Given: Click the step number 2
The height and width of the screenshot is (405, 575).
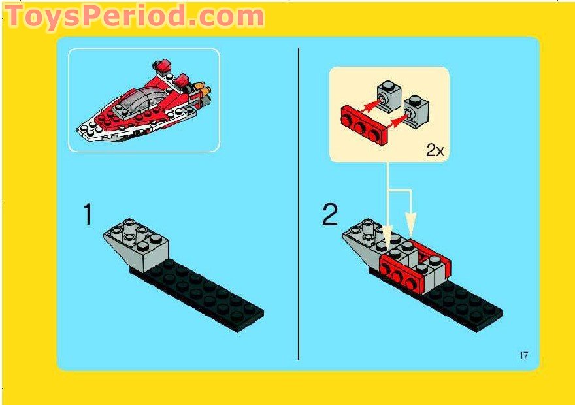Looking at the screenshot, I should pyautogui.click(x=331, y=215).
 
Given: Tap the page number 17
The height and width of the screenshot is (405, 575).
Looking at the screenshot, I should pyautogui.click(x=523, y=356).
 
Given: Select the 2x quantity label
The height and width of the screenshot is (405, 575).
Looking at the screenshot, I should pyautogui.click(x=435, y=150).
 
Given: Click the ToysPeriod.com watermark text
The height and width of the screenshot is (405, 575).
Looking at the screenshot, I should pyautogui.click(x=134, y=16).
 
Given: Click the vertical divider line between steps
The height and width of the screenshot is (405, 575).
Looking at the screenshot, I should pyautogui.click(x=299, y=202).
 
